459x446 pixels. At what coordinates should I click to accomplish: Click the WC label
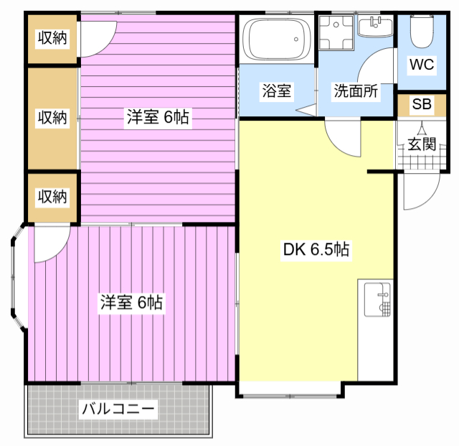tap(422, 65)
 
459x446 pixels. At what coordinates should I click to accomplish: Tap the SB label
tap(422, 105)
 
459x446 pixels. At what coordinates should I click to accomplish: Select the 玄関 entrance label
tap(422, 143)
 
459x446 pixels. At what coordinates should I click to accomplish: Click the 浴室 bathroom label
tap(276, 91)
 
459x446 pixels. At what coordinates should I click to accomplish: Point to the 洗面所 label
tap(355, 91)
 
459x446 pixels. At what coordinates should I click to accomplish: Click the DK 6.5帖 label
tap(316, 250)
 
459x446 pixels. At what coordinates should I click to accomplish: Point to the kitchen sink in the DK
tap(376, 300)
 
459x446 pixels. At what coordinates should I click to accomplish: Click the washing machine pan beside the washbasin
tap(334, 32)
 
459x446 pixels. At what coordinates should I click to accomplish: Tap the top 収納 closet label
tap(52, 38)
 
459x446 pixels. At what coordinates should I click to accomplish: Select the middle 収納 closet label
tap(52, 117)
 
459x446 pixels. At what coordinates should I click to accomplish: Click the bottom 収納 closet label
tap(52, 196)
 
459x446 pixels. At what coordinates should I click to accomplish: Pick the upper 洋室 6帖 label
tap(158, 118)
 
